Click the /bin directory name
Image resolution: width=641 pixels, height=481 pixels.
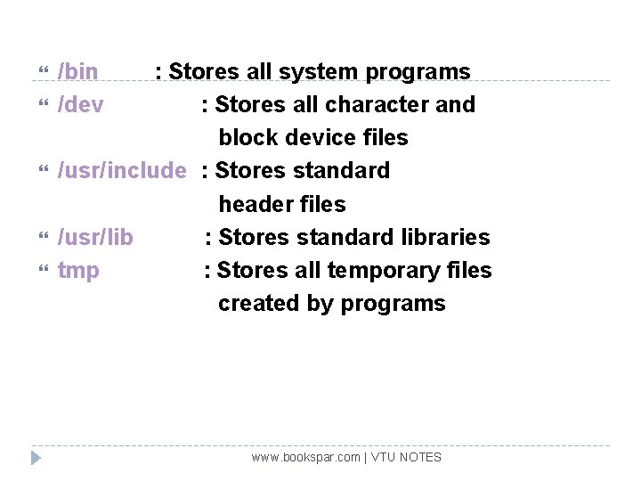[x=77, y=71]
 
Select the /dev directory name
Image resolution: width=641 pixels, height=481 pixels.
[x=80, y=104]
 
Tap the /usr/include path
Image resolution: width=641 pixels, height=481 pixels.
[x=122, y=170]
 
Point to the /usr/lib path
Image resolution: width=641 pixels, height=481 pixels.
[x=95, y=237]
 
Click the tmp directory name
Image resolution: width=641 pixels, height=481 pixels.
[x=78, y=271]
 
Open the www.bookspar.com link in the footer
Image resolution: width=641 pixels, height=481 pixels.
[x=305, y=457]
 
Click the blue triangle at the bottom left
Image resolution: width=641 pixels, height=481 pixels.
[x=36, y=458]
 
